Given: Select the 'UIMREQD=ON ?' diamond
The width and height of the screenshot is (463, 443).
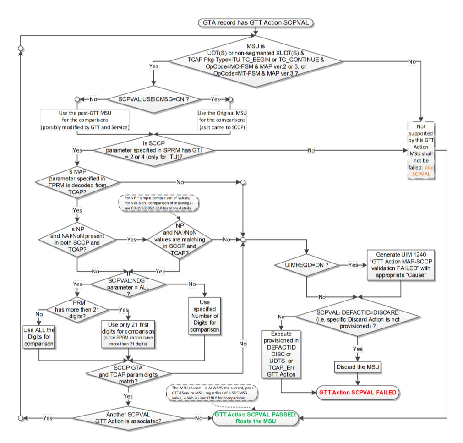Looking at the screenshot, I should (x=305, y=265).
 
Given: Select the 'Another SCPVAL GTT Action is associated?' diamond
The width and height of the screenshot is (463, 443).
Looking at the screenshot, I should (x=128, y=418).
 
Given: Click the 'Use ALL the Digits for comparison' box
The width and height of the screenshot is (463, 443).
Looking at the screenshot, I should (x=38, y=337).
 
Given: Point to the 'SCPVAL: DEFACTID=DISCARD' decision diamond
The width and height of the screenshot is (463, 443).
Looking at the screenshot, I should (x=357, y=316).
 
